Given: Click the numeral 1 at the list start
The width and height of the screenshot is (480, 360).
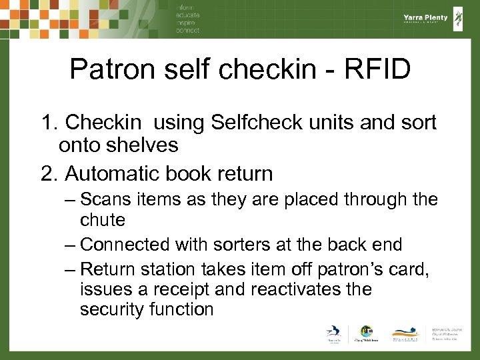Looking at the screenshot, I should [47, 123].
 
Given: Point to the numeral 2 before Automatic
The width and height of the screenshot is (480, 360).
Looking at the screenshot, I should [47, 174].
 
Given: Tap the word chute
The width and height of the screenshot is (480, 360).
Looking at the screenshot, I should [103, 219].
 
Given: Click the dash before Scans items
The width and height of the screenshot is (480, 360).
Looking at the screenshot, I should [70, 199].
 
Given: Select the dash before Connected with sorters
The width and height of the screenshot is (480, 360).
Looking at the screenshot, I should [70, 245].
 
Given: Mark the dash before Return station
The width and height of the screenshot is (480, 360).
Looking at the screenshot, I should [70, 269].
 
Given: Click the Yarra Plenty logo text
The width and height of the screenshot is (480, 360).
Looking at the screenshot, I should [425, 18].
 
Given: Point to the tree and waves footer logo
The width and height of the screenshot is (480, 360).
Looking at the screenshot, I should [406, 333].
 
